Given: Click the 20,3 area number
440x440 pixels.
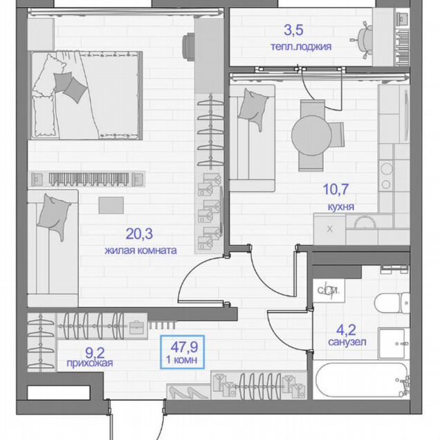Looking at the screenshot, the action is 139,234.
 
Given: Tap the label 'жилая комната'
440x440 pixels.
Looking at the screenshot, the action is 141,250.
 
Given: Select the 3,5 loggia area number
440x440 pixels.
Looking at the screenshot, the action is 293,30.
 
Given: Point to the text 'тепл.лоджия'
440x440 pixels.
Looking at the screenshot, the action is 301,46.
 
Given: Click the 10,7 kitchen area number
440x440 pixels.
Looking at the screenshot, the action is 336,189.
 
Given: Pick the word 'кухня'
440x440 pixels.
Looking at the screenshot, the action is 341,207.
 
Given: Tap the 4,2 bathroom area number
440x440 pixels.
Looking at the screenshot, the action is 346,330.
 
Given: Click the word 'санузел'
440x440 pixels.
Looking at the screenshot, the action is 347,342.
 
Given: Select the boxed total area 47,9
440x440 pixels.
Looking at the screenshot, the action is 184,347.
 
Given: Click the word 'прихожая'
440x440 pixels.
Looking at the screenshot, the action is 90,363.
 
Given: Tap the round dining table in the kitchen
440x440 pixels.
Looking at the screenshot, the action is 311,136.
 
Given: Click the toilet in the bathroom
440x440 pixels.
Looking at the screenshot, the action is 392,303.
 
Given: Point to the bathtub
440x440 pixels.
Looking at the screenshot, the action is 361,380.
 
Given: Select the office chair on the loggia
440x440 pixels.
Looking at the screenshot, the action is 363,40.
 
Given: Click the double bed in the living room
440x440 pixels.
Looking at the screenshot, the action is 86,95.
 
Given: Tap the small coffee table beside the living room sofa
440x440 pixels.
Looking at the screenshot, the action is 111,205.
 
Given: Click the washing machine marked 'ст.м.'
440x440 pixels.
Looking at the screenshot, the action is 329,291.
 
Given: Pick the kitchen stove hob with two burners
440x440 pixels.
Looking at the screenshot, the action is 386,176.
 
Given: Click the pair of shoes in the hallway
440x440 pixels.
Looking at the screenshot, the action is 188,392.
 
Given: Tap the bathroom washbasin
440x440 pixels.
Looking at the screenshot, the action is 394,343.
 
